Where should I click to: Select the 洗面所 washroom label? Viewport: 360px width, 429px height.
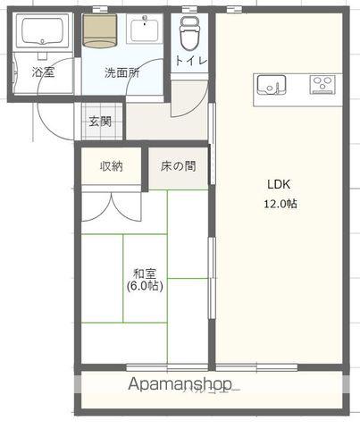point(121,72)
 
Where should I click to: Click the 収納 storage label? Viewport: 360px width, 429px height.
point(112,166)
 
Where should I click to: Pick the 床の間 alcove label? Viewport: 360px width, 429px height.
point(179,166)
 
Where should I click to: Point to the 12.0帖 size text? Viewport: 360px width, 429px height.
point(280,203)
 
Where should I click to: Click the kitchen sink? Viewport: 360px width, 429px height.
point(271,85)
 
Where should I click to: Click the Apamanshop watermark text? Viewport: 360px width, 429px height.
point(184,385)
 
